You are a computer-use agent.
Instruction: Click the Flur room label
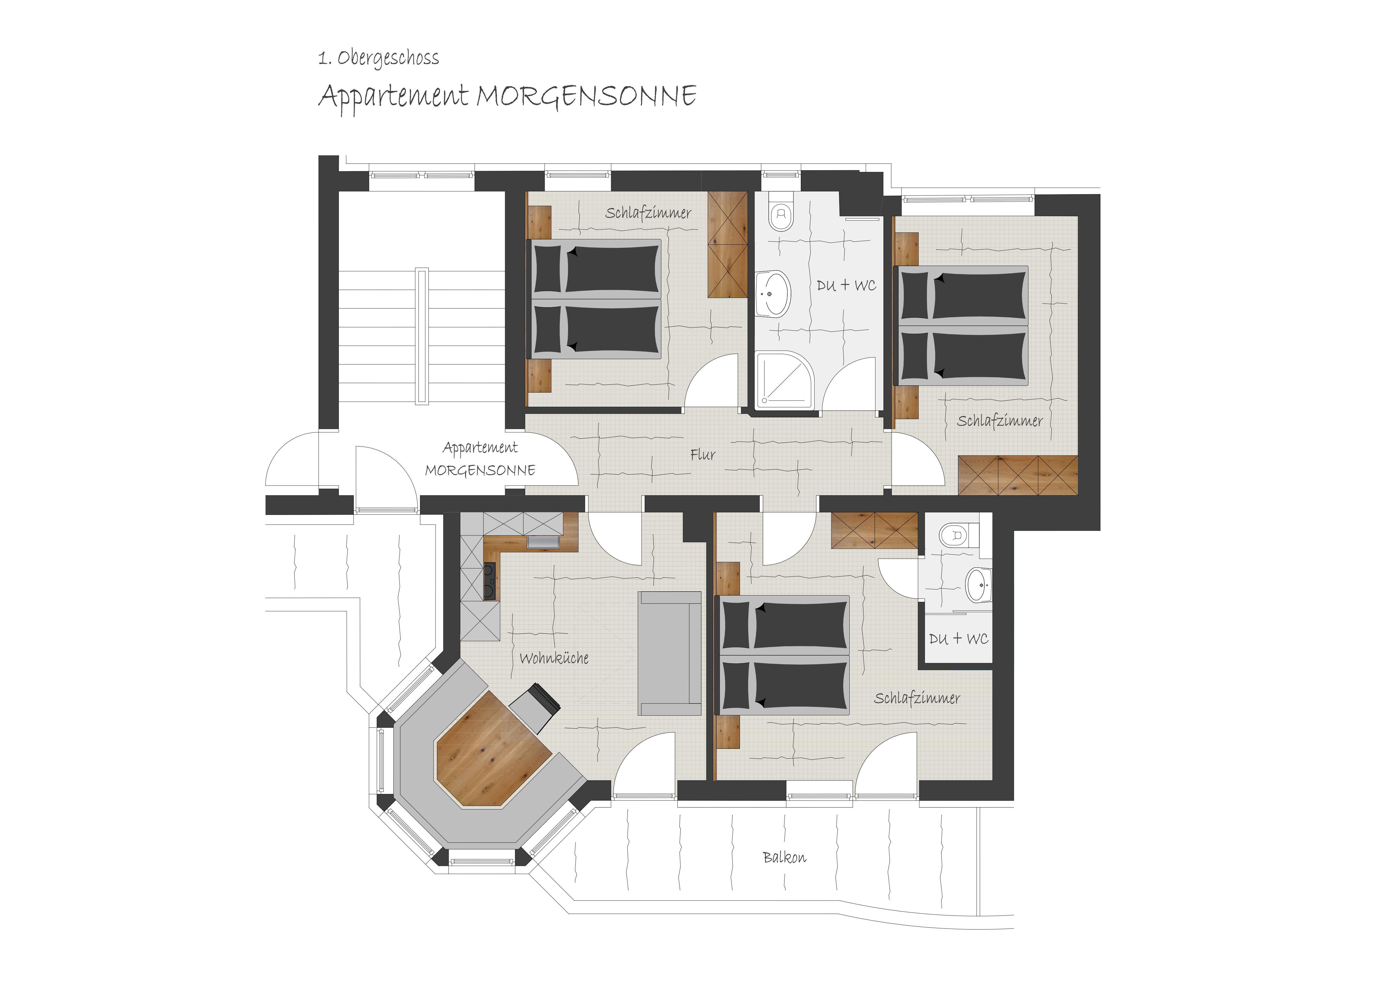(x=702, y=455)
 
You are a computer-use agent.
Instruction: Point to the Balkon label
(x=784, y=857)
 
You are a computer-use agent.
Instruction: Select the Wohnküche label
(x=554, y=658)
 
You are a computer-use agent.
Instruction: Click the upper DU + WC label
(x=846, y=285)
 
